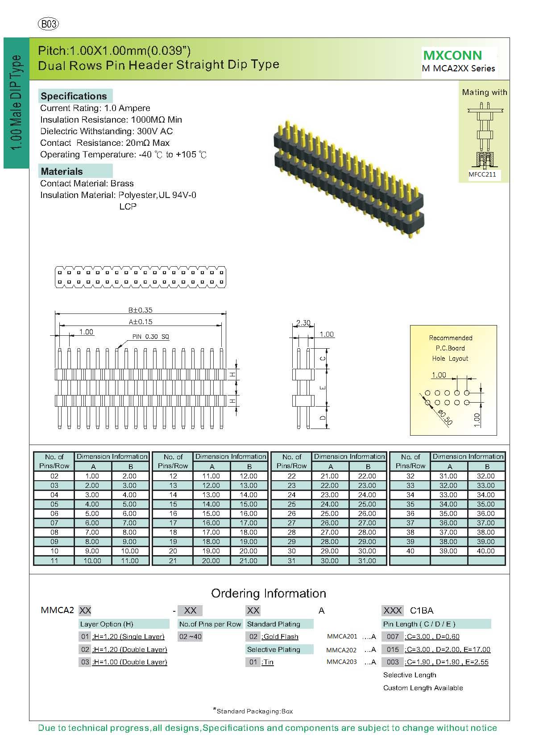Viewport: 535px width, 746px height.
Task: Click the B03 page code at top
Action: pyautogui.click(x=49, y=24)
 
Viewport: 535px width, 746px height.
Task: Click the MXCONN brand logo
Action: pyautogui.click(x=452, y=55)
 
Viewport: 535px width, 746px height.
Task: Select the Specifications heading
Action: pyautogui.click(x=74, y=96)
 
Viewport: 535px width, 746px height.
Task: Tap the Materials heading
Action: pyautogui.click(x=62, y=171)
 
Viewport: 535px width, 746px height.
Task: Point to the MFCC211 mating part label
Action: pyautogui.click(x=482, y=174)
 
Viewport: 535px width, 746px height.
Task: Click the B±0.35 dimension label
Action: pyautogui.click(x=140, y=310)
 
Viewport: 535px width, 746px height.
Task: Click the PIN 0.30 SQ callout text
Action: pyautogui.click(x=150, y=337)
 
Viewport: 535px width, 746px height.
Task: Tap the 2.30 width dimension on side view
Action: pyautogui.click(x=303, y=323)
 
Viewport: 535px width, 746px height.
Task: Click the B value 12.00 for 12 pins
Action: pyautogui.click(x=249, y=476)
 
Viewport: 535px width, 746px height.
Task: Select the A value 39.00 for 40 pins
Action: pyautogui.click(x=448, y=551)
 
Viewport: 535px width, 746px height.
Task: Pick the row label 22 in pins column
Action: pyautogui.click(x=291, y=476)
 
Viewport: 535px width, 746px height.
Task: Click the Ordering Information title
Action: pyautogui.click(x=268, y=594)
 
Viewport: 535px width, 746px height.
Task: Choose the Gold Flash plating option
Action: pyautogui.click(x=280, y=637)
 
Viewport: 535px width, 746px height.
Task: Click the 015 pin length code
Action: pyautogui.click(x=393, y=649)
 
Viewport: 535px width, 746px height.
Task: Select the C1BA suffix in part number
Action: pyautogui.click(x=421, y=610)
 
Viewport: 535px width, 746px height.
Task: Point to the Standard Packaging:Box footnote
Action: pyautogui.click(x=254, y=711)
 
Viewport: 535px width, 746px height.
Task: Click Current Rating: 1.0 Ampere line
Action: pyautogui.click(x=95, y=108)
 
